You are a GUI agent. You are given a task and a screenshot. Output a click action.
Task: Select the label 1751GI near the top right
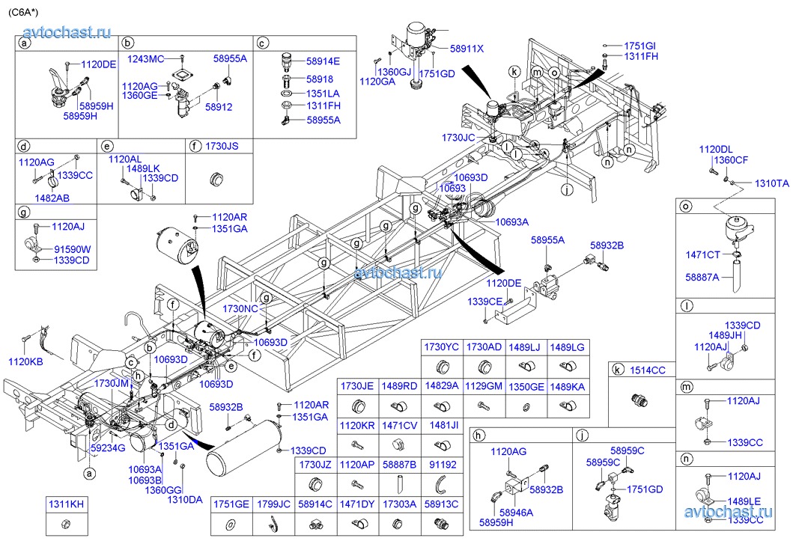pos(639,46)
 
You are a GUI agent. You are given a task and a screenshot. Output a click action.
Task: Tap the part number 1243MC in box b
pos(145,58)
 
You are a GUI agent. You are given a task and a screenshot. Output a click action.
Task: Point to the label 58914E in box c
pos(323,61)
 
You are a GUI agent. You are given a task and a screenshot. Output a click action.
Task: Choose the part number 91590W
pos(72,249)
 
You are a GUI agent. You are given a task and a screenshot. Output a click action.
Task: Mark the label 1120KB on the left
pos(26,361)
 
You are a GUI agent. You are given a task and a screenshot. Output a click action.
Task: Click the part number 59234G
pos(108,447)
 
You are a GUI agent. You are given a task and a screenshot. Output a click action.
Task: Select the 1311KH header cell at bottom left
pos(66,505)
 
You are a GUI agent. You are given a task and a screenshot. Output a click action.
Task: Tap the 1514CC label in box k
pos(647,370)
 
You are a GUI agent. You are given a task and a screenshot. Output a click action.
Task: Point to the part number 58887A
pos(702,277)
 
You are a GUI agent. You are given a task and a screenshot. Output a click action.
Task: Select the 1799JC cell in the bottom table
pos(273,505)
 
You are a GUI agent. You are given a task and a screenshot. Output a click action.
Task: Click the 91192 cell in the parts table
pos(442,465)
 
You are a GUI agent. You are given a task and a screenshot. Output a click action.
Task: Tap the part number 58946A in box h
pos(516,513)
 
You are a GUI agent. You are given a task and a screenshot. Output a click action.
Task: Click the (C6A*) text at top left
pos(25,10)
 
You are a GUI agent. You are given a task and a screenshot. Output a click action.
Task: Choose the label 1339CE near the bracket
pos(485,301)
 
